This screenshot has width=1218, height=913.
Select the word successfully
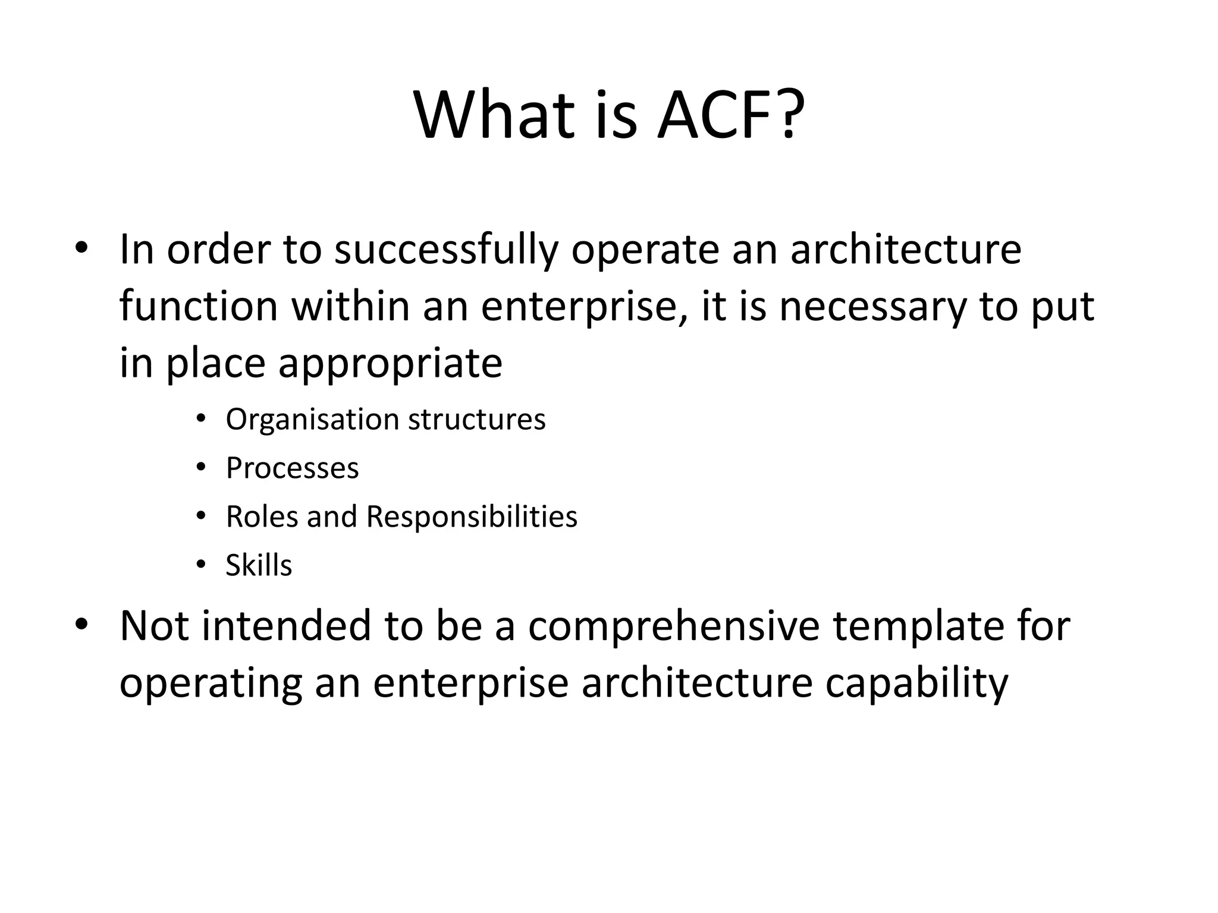coord(446,250)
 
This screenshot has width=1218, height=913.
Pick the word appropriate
coord(390,364)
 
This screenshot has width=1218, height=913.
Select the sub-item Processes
coord(292,468)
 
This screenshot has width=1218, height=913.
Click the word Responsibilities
coord(472,517)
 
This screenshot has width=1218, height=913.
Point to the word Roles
coord(262,517)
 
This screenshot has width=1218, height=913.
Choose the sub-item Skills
coord(259,565)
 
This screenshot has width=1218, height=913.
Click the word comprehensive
coord(674,626)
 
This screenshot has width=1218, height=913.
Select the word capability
coord(916,684)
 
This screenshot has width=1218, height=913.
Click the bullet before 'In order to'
coord(81,248)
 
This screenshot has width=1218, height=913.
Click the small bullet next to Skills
coord(201,564)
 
